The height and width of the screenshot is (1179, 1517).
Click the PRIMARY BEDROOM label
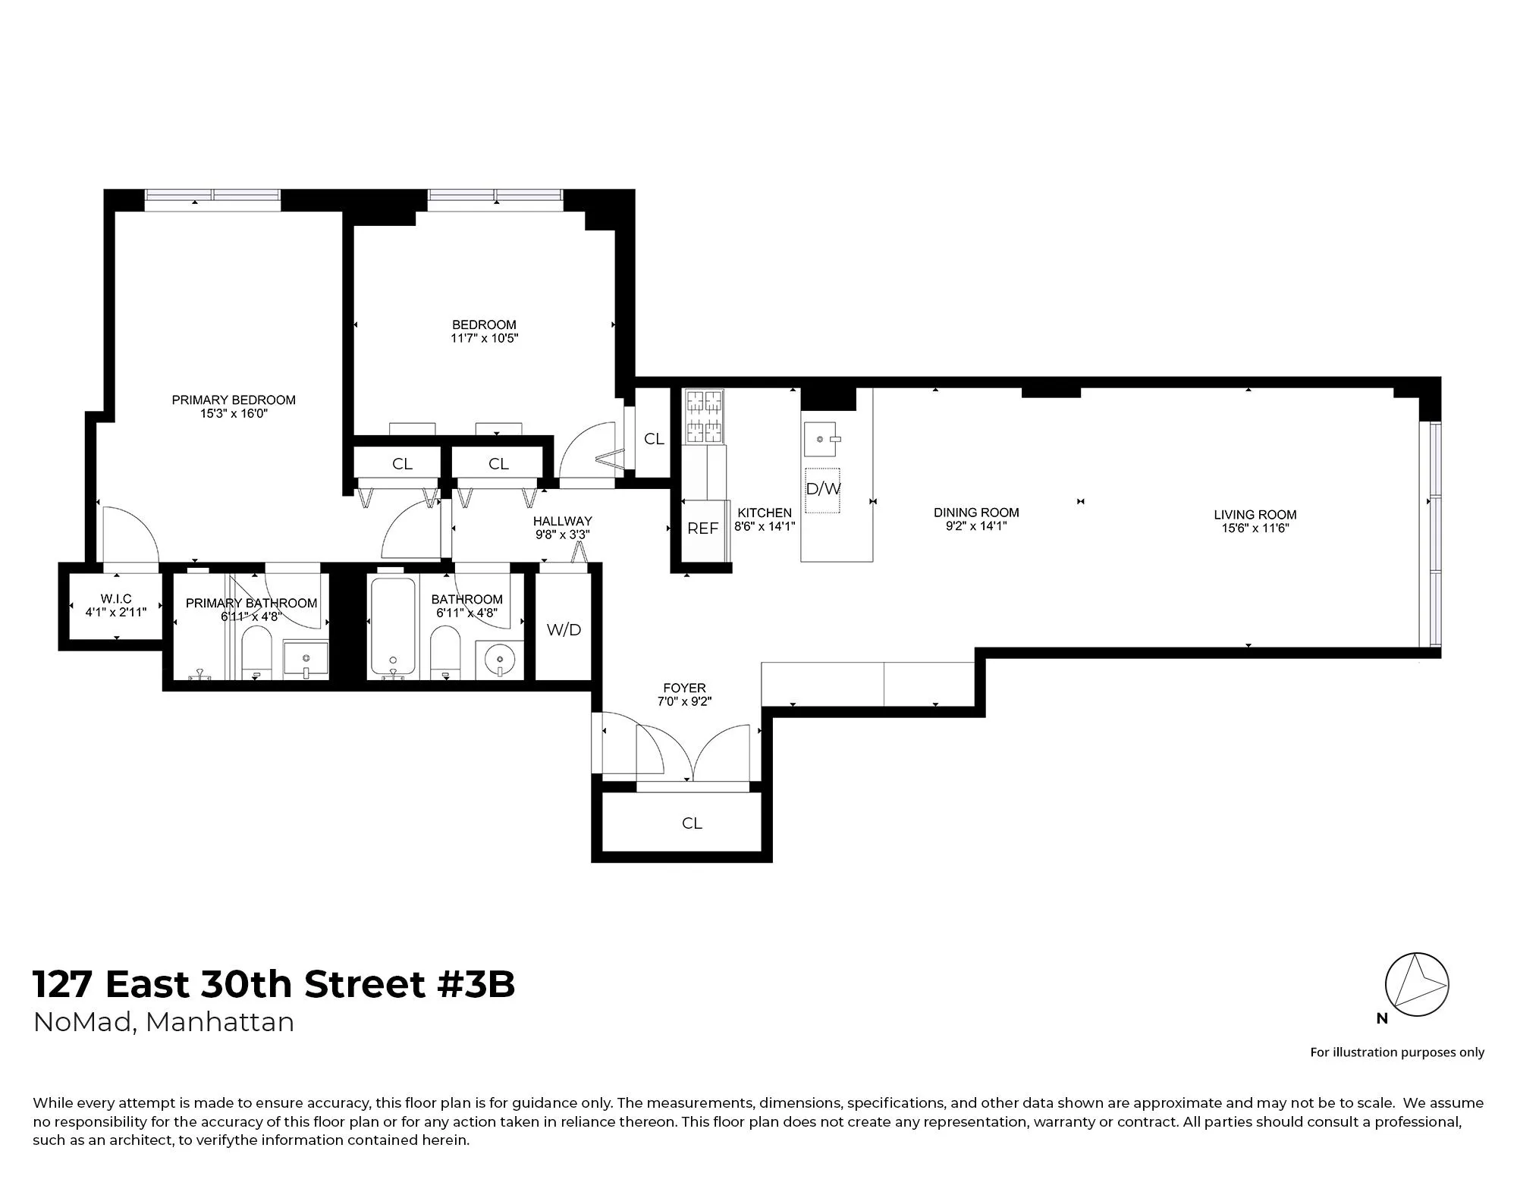point(234,400)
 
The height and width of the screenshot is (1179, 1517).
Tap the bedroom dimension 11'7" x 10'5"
point(484,338)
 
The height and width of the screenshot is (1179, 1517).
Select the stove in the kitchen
point(704,416)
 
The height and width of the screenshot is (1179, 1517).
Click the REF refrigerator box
point(702,528)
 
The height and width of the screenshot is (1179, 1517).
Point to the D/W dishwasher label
point(823,489)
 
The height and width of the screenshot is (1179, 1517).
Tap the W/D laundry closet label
point(564,629)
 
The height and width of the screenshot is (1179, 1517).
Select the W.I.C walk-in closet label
point(116,599)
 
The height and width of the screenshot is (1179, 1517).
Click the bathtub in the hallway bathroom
point(392,628)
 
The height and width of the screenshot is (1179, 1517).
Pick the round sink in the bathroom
point(500,659)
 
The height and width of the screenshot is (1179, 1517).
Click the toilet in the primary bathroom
point(256,657)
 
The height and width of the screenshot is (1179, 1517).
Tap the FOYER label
point(684,688)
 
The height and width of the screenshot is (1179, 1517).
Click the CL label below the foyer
point(692,823)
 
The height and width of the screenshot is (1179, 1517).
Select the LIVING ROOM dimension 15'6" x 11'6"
point(1255,528)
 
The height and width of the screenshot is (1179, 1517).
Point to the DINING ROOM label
point(976,513)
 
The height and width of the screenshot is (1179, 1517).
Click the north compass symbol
point(1416,986)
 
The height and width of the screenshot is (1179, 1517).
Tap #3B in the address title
point(476,985)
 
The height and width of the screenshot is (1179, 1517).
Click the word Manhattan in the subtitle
point(220,1022)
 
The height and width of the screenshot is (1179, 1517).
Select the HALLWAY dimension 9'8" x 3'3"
point(562,534)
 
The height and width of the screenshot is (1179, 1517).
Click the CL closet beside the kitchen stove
point(654,439)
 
